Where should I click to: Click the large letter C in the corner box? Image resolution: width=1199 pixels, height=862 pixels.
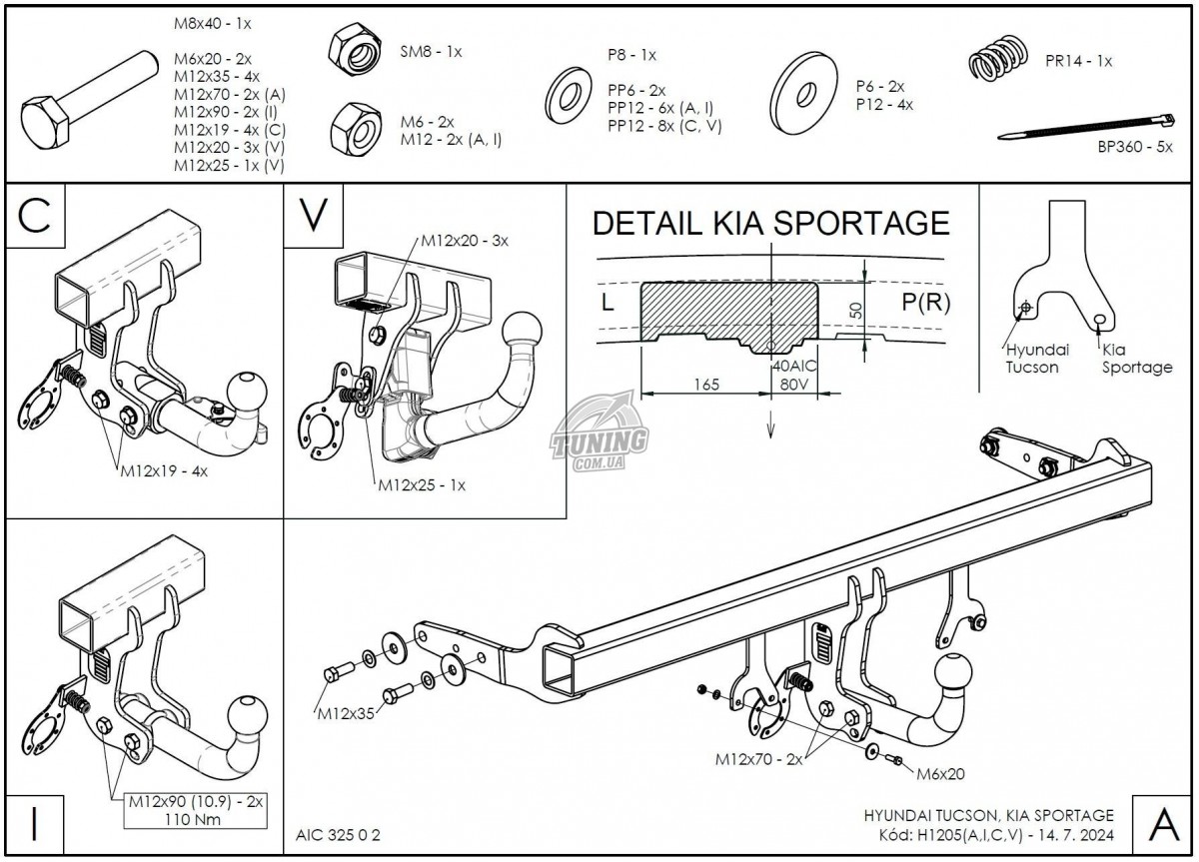click(35, 216)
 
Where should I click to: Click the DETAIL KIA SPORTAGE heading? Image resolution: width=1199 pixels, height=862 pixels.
click(770, 223)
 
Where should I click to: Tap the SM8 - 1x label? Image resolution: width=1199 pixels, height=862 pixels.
click(431, 51)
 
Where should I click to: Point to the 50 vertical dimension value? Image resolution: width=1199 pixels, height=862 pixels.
click(854, 309)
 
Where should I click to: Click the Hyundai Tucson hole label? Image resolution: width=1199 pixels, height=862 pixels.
click(1036, 359)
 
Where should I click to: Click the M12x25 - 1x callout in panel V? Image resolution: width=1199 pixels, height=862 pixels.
click(421, 485)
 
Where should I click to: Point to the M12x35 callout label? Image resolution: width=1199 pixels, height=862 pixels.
click(346, 714)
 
